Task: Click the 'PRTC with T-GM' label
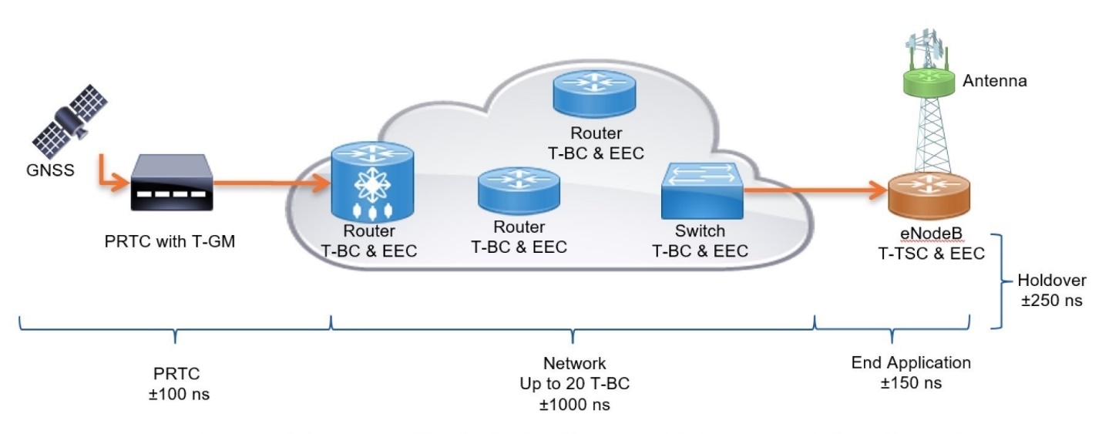170,241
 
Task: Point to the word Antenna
994,80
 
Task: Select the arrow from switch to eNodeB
817,188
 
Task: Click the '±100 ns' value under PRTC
176,394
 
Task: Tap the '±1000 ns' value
575,403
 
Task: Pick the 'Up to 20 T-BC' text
575,383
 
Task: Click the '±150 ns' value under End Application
911,383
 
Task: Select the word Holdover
1051,281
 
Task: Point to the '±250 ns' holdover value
1051,301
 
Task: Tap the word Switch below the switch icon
699,230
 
